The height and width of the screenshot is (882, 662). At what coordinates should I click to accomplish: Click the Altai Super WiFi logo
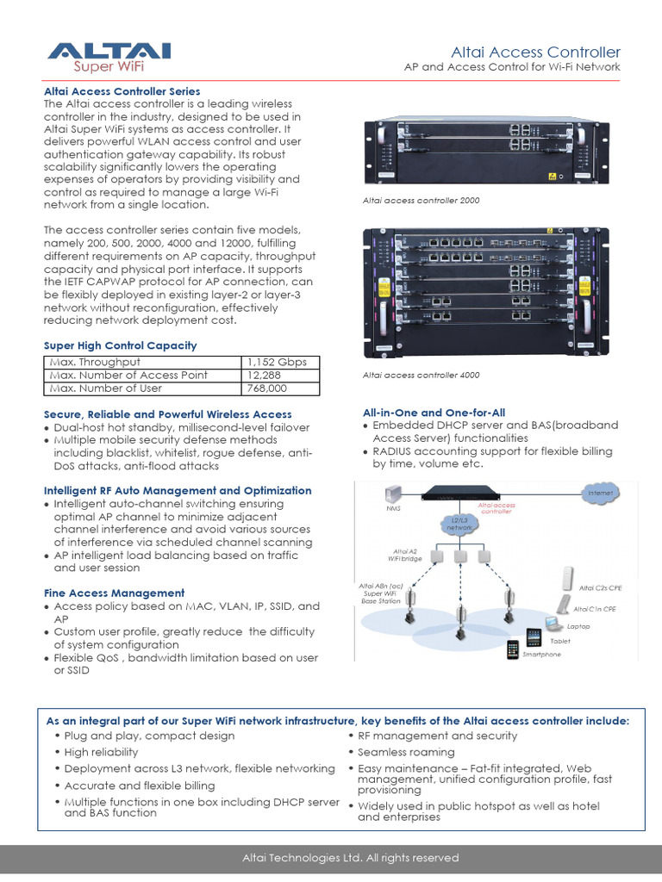coord(109,57)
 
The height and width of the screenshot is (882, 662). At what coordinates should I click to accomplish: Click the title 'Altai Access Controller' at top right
coord(535,53)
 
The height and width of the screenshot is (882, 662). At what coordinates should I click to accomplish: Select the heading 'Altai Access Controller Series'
coord(122,91)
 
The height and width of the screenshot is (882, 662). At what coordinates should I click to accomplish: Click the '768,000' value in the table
coord(268,388)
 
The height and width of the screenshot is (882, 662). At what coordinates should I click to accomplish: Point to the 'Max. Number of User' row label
coord(106,388)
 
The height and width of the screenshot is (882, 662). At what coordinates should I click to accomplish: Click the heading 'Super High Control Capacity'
coord(120,345)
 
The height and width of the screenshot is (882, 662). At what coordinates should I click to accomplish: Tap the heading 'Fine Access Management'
coord(114,593)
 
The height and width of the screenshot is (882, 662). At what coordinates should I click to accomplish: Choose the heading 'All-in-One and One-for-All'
coord(434,413)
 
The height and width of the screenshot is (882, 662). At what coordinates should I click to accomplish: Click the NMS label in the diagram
coord(394,507)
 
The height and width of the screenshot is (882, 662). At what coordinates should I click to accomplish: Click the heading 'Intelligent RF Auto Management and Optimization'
coord(178,490)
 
